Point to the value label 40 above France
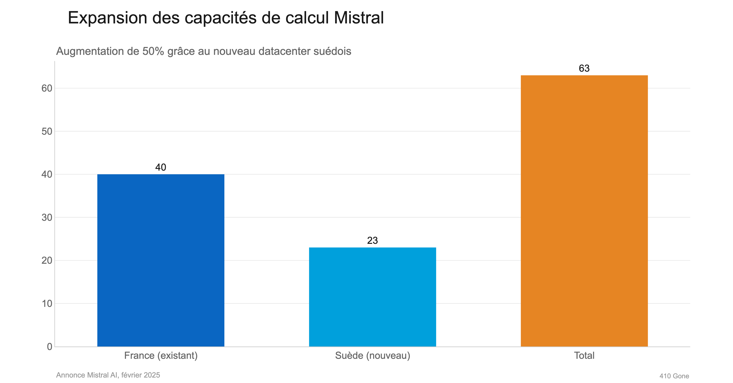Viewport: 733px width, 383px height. point(161,167)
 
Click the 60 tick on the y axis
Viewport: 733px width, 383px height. point(47,88)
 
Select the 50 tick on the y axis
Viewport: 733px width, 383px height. point(47,132)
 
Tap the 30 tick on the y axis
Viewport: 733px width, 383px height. point(47,218)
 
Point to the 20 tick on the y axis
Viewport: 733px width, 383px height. point(47,261)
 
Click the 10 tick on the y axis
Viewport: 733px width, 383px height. point(47,304)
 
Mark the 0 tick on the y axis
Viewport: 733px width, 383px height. point(49,347)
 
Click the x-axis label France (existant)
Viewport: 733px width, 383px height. point(161,356)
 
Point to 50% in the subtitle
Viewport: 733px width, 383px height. point(153,51)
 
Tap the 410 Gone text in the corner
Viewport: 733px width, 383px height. point(674,376)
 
